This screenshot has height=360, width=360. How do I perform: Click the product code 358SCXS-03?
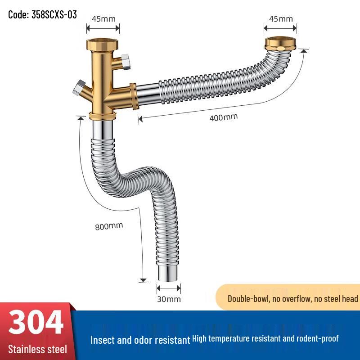pos(43,14)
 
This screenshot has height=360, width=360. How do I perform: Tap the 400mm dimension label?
pos(224,117)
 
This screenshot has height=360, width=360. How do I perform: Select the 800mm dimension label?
pos(109,226)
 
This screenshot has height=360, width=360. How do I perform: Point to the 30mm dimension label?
pos(169,299)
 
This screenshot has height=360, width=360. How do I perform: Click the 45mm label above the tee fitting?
pos(103,19)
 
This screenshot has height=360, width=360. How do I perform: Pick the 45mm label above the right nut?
pos(280,19)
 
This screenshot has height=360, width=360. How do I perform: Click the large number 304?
pos(36,323)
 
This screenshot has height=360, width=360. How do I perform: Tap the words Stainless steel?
pos(37,349)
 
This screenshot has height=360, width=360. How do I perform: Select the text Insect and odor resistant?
pos(140,340)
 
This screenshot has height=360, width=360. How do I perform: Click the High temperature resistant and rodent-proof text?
pos(265,338)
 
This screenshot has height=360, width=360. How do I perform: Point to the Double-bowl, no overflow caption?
pos(292,299)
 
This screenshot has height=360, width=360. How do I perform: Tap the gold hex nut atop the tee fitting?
pos(103,45)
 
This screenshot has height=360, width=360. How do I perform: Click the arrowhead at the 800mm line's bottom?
pos(143,280)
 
